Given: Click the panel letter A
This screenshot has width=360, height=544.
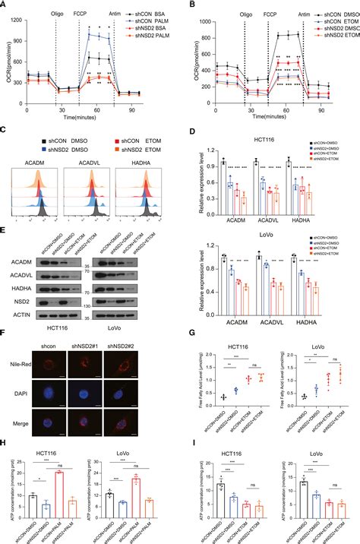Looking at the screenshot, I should [x=6, y=5].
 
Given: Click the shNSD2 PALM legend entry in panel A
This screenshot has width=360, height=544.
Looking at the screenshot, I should [x=148, y=38].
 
